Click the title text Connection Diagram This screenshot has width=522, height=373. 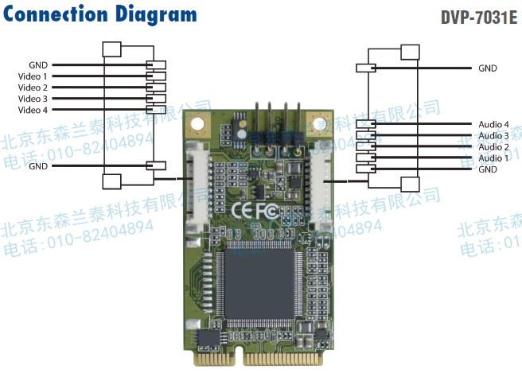pyautogui.click(x=99, y=15)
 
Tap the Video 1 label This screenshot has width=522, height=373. pyautogui.click(x=33, y=76)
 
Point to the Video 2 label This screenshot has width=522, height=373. pyautogui.click(x=33, y=87)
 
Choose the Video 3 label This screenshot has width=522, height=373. pyautogui.click(x=33, y=99)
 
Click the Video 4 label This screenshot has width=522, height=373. pyautogui.click(x=33, y=110)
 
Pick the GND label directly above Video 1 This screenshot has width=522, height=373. pyautogui.click(x=37, y=65)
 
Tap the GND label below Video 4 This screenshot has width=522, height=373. pyautogui.click(x=37, y=166)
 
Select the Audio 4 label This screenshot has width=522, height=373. pyautogui.click(x=493, y=125)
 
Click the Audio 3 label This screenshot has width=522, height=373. pyautogui.click(x=493, y=136)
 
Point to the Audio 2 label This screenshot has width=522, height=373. pyautogui.click(x=493, y=147)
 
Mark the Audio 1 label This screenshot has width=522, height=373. pyautogui.click(x=493, y=158)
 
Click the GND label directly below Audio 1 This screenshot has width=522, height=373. pyautogui.click(x=488, y=169)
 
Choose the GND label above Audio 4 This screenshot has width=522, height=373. pyautogui.click(x=488, y=68)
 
